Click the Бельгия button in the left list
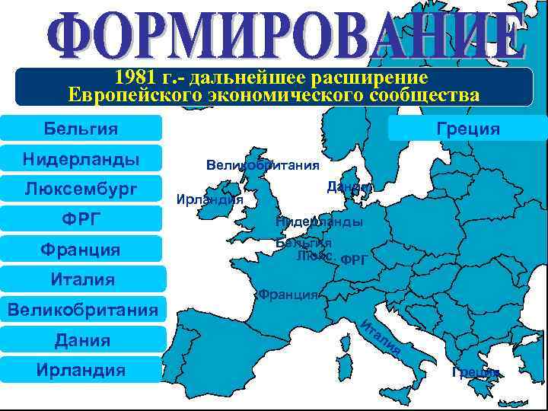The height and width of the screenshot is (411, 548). pyautogui.click(x=81, y=129)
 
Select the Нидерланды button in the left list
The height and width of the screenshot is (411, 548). pyautogui.click(x=81, y=159)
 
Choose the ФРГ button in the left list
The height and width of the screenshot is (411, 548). pyautogui.click(x=81, y=219)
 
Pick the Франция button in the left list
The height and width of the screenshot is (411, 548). pyautogui.click(x=81, y=249)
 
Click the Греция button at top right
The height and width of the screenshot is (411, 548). pyautogui.click(x=468, y=129)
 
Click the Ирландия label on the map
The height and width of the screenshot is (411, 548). pyautogui.click(x=209, y=199)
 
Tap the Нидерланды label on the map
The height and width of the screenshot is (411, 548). pyautogui.click(x=319, y=221)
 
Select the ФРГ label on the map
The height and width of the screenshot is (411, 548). pyautogui.click(x=354, y=260)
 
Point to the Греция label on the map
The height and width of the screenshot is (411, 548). pyautogui.click(x=476, y=371)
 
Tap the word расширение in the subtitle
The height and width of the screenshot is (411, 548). pyautogui.click(x=376, y=78)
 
